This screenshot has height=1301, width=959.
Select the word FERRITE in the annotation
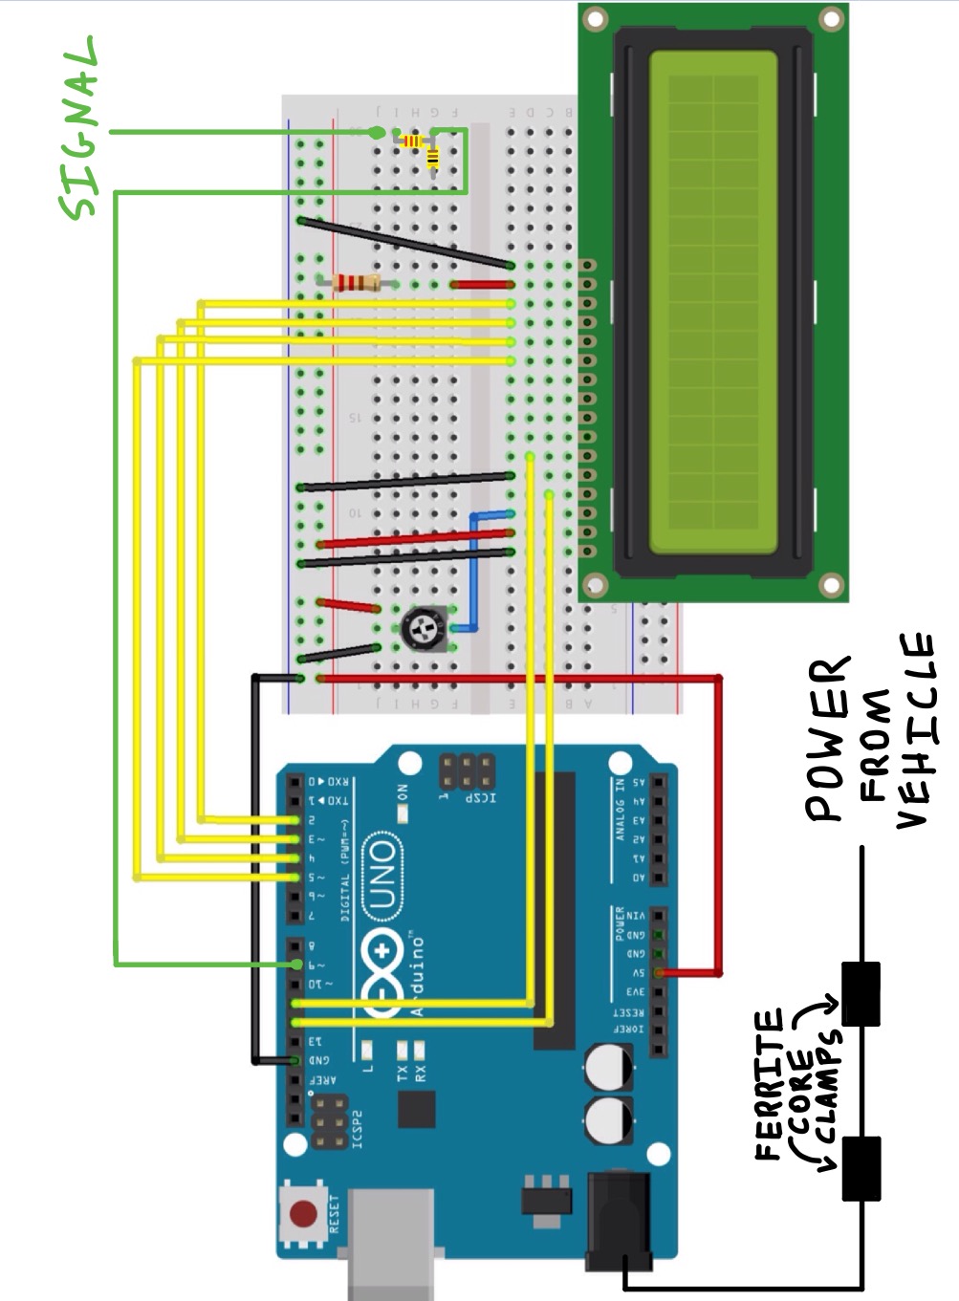(x=769, y=1084)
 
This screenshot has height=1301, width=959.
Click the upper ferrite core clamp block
(x=860, y=994)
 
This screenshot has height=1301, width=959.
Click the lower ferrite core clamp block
(x=860, y=1168)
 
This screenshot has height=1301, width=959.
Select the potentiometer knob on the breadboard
(x=420, y=628)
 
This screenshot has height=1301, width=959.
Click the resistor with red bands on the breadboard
(x=351, y=282)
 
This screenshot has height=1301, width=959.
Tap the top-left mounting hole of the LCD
(x=595, y=18)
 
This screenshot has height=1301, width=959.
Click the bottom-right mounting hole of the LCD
(x=833, y=583)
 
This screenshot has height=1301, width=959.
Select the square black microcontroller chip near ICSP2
(x=415, y=1110)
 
